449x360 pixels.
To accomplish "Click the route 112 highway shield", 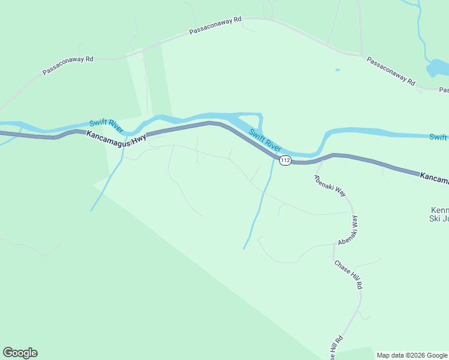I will pos(285,160).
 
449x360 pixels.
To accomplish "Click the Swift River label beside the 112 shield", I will pos(265,140).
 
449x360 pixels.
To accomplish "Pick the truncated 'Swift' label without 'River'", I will pos(438,137).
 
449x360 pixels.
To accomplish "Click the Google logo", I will pos(20,353).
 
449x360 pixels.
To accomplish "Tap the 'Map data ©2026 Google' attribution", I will pos(412,355).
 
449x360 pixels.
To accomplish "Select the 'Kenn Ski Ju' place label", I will pos(440,214).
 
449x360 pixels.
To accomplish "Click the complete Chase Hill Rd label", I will pos(349,275).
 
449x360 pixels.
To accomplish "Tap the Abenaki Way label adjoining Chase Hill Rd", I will pos(348,230).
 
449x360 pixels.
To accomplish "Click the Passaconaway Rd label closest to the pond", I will pos(391,71).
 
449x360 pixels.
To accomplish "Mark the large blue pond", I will pos(436,68).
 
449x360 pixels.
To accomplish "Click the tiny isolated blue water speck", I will pos(337,70).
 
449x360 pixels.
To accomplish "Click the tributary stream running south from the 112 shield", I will pos(258,210).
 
